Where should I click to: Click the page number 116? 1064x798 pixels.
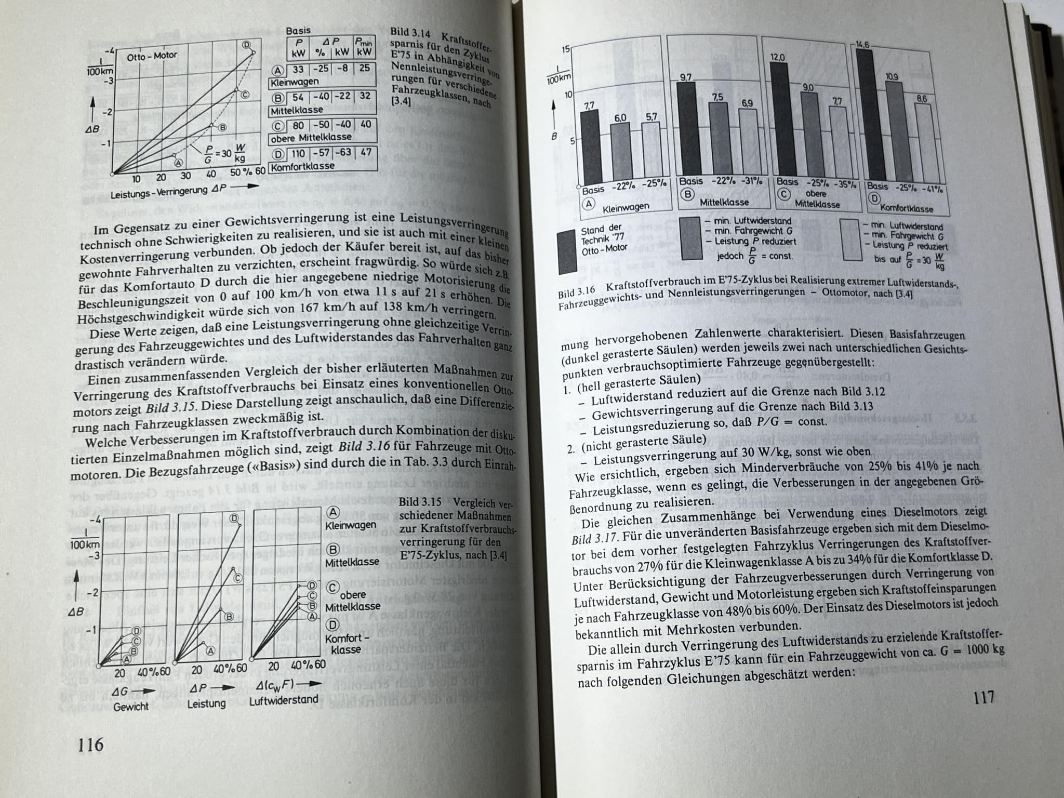pos(90,745)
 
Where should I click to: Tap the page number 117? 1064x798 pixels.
pos(984,697)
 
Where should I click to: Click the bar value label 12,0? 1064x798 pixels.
pos(777,57)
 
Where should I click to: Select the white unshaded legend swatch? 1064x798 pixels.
pos(851,240)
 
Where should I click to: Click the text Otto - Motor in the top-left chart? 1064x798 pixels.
pos(152,56)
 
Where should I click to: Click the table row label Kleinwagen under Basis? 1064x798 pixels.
pos(294,82)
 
